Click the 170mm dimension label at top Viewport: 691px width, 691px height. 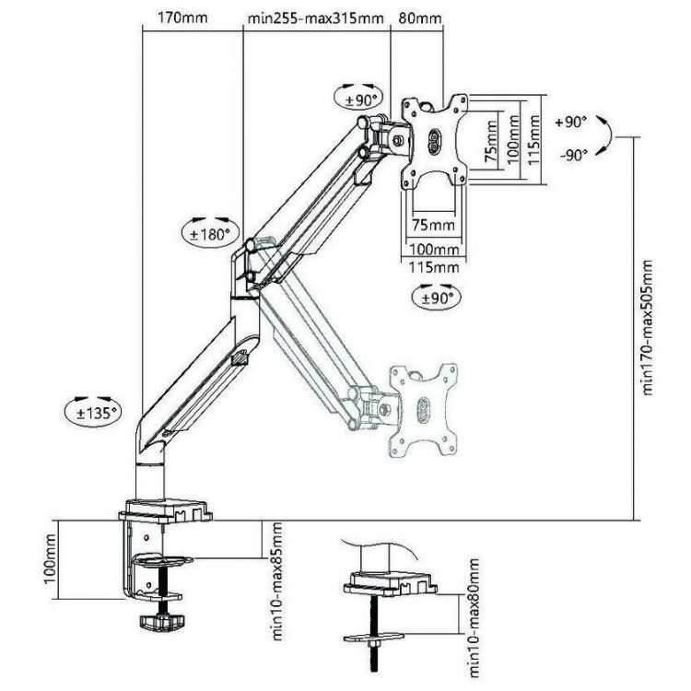[x=182, y=18]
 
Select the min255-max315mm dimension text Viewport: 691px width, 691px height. [x=315, y=18]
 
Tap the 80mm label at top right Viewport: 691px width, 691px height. [x=420, y=18]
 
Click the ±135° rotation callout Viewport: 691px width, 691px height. [x=93, y=412]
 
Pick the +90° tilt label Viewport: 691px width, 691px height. [x=571, y=122]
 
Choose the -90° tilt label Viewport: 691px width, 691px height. [x=574, y=155]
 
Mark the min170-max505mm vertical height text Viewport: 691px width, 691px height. [x=647, y=328]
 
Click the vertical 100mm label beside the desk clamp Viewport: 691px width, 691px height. [x=51, y=559]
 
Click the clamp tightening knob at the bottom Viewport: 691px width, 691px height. [x=161, y=621]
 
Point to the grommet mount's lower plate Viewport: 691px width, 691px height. [x=374, y=637]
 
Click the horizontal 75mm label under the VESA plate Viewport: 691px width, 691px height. [x=433, y=225]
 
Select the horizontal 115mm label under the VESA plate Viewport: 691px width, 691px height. [x=434, y=266]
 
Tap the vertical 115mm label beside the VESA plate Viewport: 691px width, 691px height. [x=534, y=140]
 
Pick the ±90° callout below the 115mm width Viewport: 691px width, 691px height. [x=436, y=298]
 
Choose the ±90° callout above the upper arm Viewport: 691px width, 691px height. [x=358, y=98]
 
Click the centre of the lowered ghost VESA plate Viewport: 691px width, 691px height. [x=423, y=410]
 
